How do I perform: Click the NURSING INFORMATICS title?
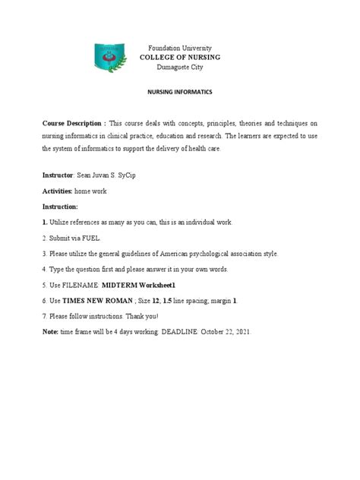pos(180,90)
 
